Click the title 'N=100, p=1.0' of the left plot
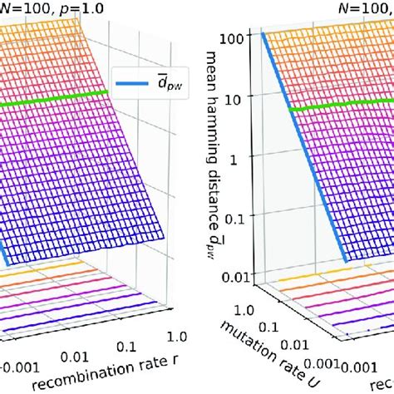pyautogui.click(x=37, y=7)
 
